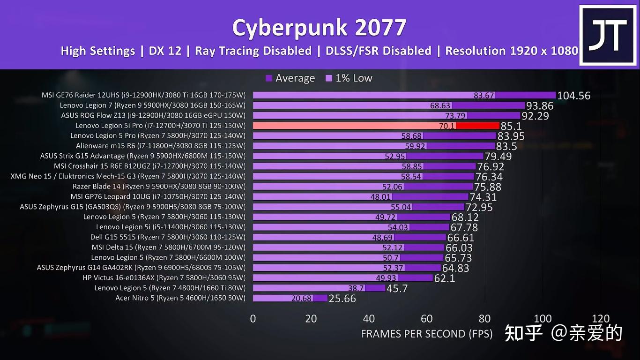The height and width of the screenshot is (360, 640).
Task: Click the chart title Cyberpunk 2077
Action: (319, 28)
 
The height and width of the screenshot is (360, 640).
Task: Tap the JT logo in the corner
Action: (608, 35)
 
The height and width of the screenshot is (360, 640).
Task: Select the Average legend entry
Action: (290, 78)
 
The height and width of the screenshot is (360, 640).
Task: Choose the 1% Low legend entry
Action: (349, 78)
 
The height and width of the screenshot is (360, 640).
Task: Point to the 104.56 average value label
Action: (573, 96)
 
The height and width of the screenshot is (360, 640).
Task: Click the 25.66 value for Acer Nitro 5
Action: (342, 299)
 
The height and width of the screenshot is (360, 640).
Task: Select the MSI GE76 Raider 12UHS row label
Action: (143, 95)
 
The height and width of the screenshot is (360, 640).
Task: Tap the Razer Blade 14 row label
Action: (159, 187)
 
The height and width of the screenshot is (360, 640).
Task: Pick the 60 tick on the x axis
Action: (427, 319)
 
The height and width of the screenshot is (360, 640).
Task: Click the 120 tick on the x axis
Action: (601, 319)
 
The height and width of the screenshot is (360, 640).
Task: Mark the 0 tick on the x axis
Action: (253, 319)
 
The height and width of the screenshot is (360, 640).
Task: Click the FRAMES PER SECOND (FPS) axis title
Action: (426, 334)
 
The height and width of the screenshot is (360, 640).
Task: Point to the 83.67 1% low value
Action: (484, 95)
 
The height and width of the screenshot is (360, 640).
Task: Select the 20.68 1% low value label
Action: (301, 298)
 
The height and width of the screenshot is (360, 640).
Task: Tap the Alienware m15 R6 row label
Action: (161, 146)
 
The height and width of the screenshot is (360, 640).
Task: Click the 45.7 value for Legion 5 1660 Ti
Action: (397, 288)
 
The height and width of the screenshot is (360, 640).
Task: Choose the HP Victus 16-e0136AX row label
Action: (164, 278)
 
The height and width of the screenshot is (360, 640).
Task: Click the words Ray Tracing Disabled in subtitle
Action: (253, 51)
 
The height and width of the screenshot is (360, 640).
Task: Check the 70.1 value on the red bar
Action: (447, 126)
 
